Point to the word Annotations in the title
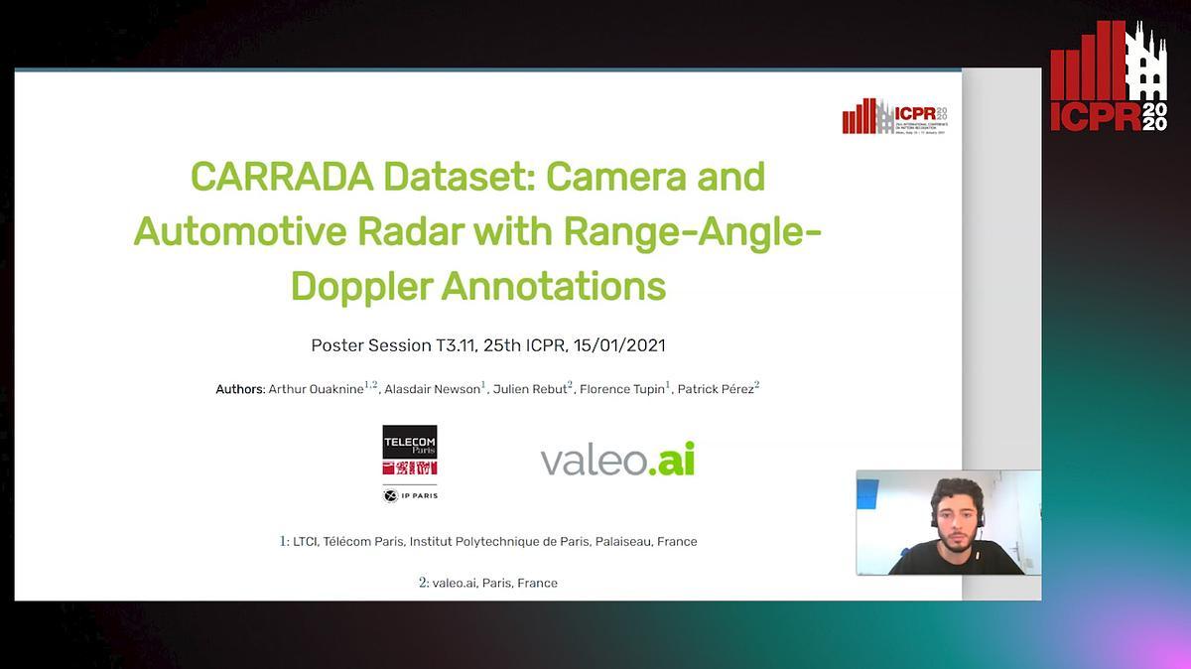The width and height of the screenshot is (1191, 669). [554, 286]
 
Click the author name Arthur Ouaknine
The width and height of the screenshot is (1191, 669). [316, 389]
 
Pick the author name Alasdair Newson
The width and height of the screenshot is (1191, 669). [432, 389]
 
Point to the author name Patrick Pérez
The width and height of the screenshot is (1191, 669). [715, 389]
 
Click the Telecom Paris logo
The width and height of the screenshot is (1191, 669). [410, 451]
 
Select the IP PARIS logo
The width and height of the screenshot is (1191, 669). [410, 494]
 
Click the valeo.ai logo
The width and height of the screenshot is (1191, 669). [617, 460]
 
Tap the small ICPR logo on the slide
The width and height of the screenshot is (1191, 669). [894, 117]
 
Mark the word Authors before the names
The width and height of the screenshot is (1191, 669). [240, 389]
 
